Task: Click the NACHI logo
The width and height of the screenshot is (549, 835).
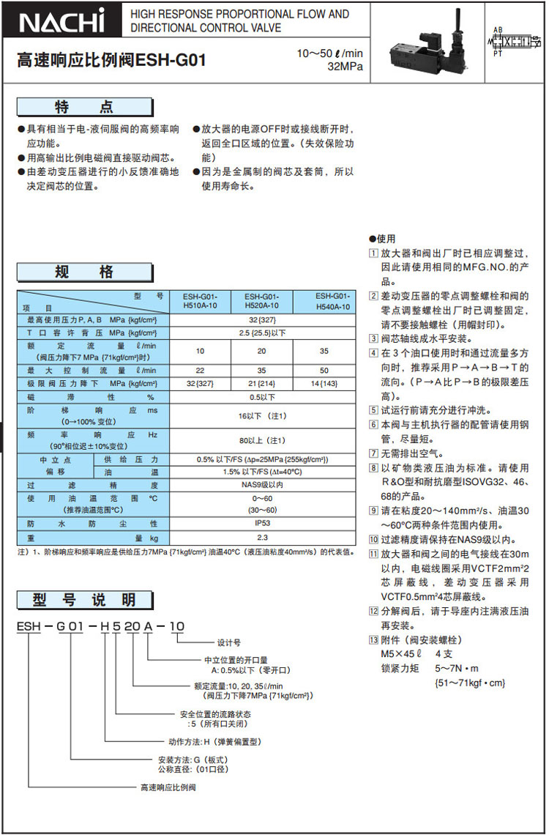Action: point(62,22)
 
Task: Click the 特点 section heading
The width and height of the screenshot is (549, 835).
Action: point(85,108)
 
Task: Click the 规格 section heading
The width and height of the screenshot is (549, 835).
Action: point(85,272)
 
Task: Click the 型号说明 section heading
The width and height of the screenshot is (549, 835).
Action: point(85,601)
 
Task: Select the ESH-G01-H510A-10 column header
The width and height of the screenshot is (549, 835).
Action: point(200,300)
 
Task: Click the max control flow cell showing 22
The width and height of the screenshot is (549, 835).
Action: point(200,371)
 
